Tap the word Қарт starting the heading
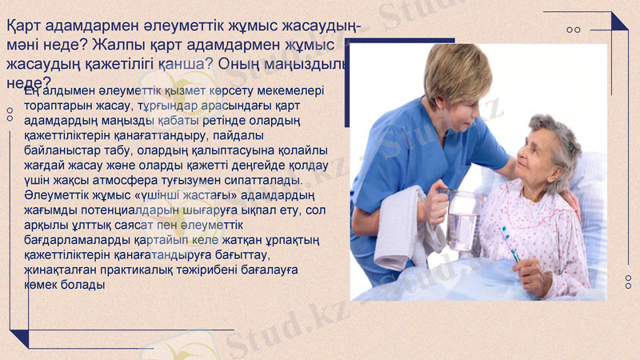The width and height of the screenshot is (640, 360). tap(24, 26)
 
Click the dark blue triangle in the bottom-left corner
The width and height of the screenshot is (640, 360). tap(19, 337)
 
